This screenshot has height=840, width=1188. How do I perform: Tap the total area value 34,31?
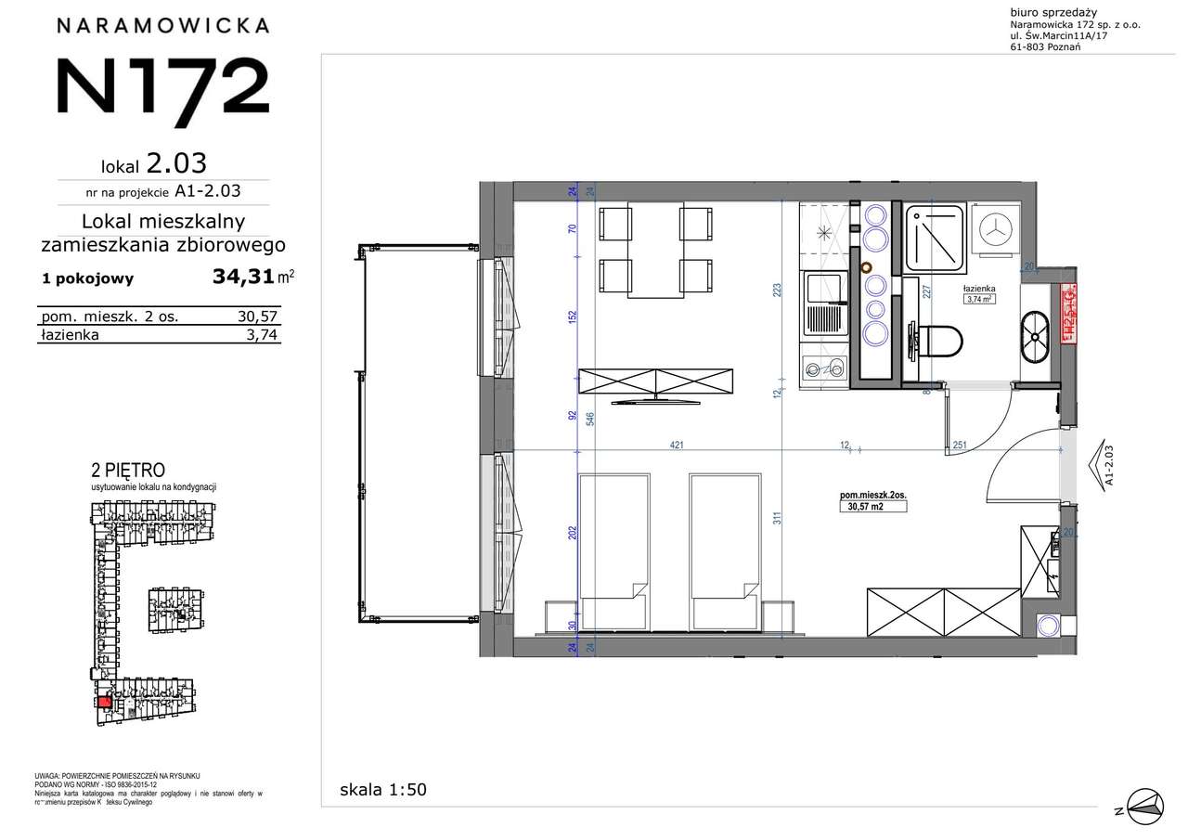[x=244, y=277]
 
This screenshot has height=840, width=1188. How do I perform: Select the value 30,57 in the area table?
[x=256, y=317]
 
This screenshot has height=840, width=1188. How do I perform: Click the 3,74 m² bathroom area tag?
[x=981, y=299]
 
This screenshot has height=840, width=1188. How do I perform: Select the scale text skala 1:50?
[x=383, y=790]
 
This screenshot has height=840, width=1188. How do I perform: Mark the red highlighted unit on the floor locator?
[x=104, y=703]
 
